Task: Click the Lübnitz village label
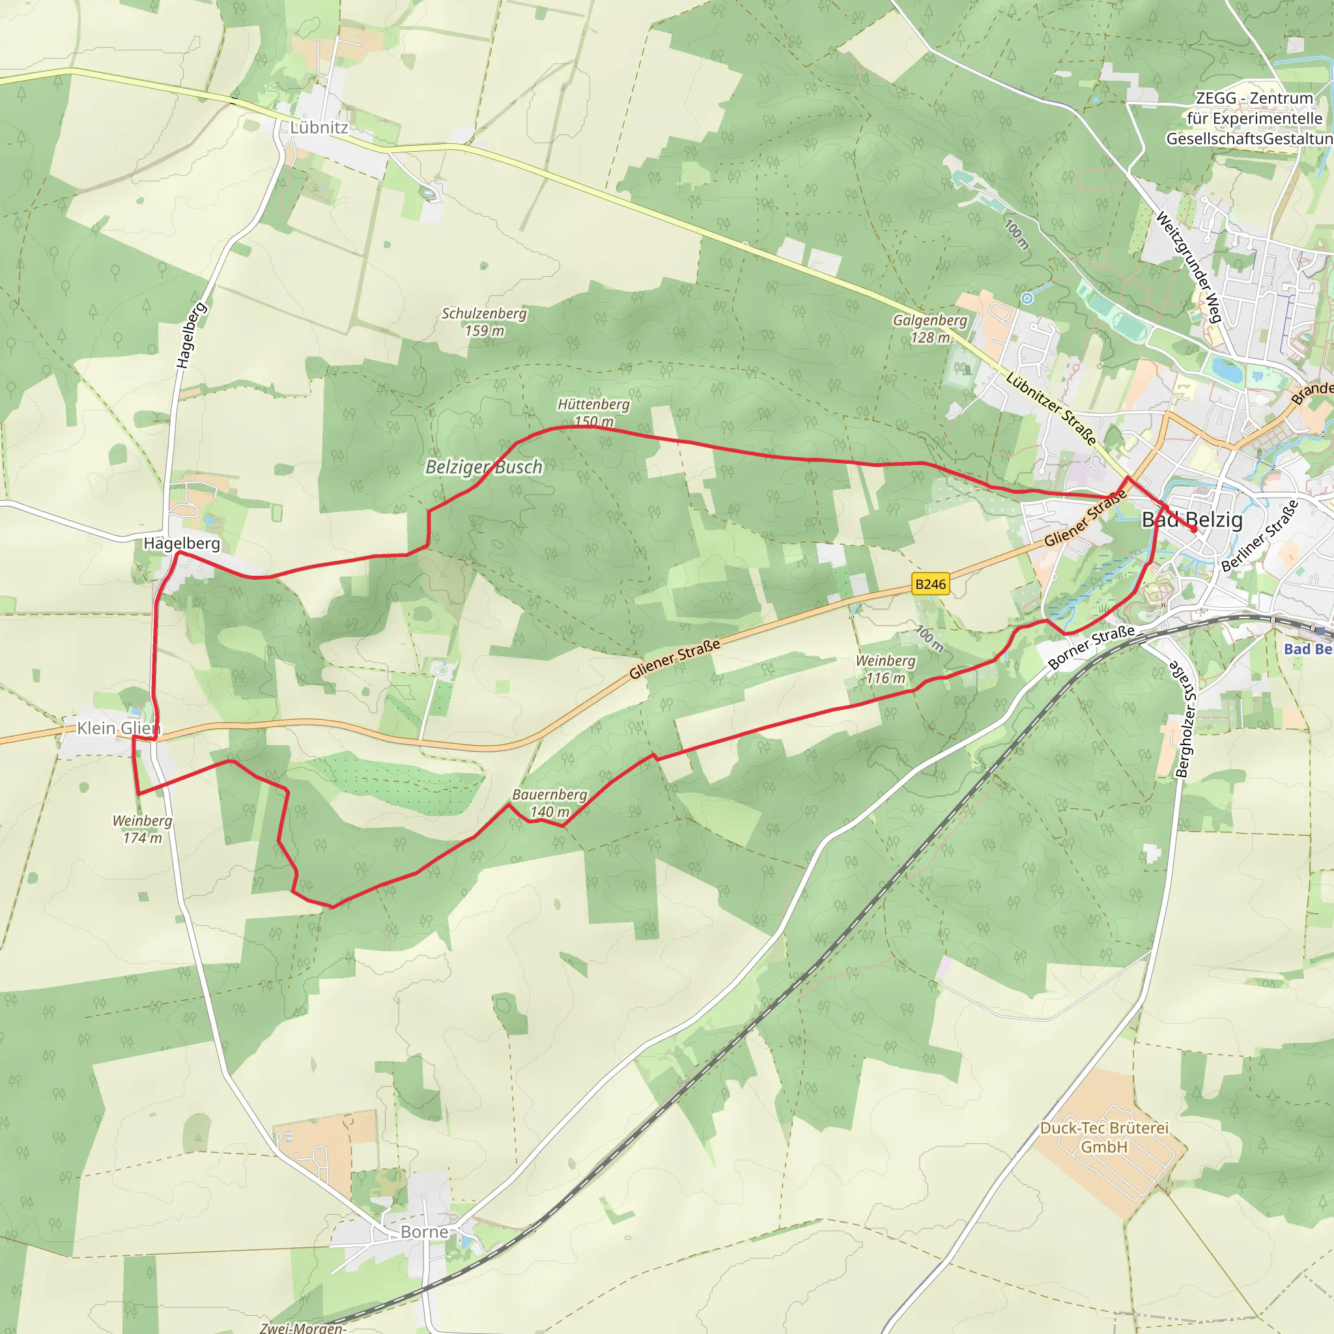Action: point(319,128)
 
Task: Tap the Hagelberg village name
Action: point(182,543)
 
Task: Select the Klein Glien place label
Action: point(118,728)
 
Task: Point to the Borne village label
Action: point(424,1232)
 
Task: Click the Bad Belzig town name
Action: point(1192,520)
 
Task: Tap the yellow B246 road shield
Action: point(930,584)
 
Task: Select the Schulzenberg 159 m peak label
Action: point(484,322)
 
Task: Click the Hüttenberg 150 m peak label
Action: point(593,412)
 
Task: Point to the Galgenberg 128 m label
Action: point(930,329)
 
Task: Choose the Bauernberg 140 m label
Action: point(550,803)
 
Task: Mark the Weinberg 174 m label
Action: point(142,829)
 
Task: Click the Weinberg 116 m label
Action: point(885,669)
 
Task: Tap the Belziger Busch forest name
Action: point(484,468)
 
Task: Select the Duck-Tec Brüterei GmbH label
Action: point(1104,1137)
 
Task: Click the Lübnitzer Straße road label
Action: point(1050,408)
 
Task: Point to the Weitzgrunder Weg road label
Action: point(1189,266)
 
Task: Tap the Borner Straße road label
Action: point(1090,647)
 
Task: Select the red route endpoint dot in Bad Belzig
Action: point(1194,529)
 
